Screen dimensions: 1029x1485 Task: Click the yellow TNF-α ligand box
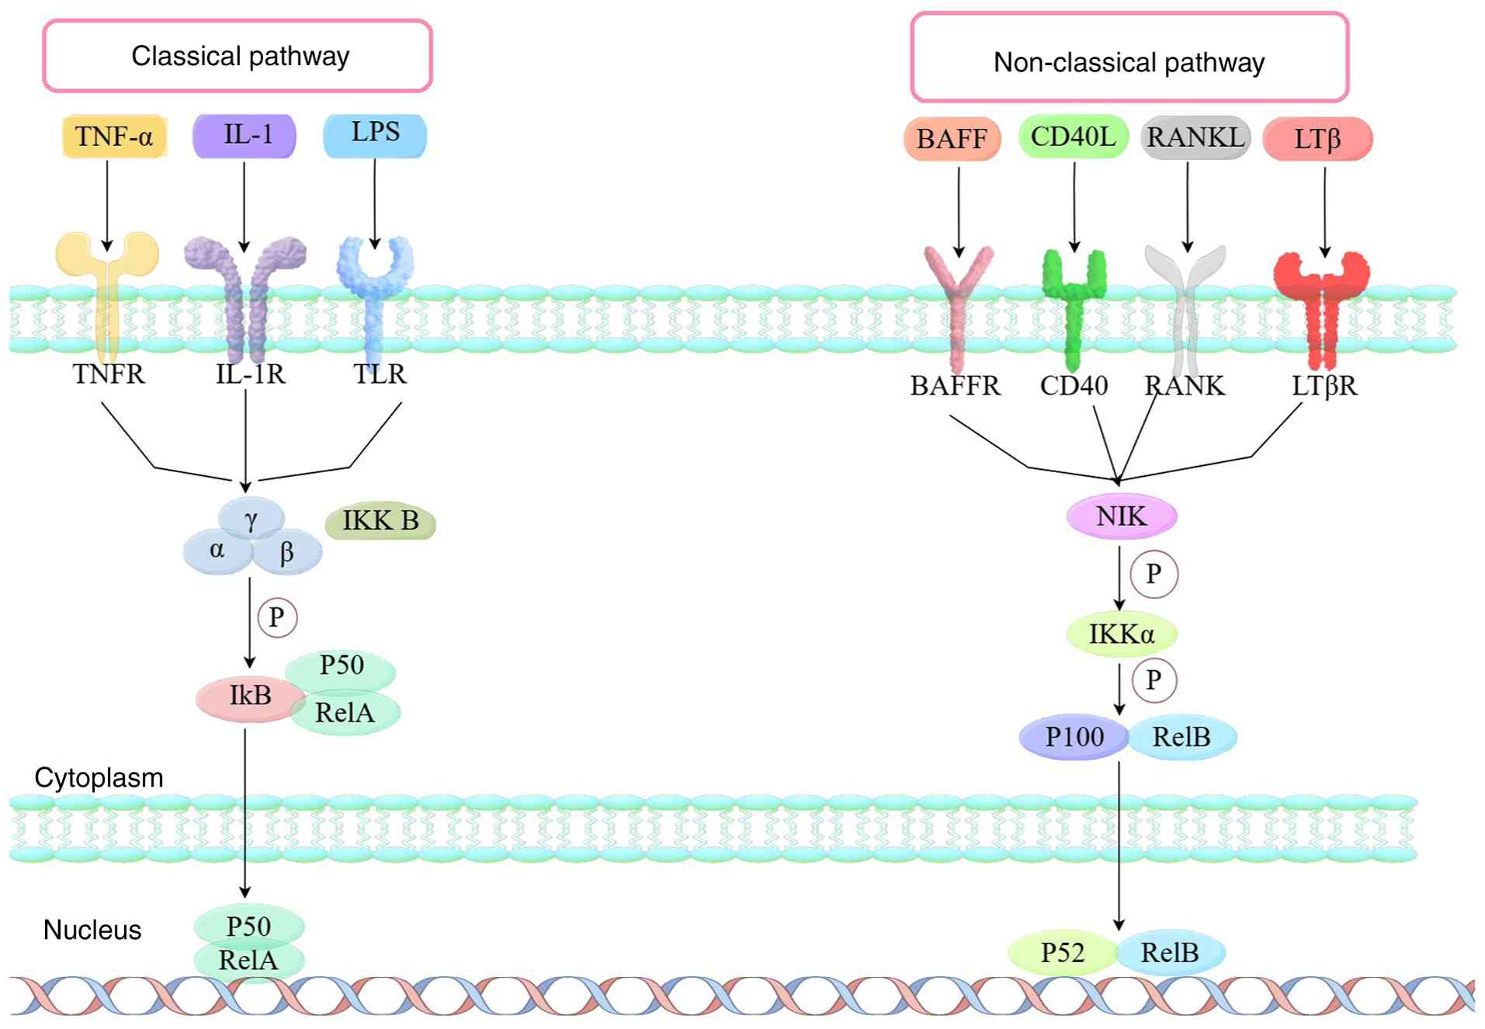[x=114, y=137]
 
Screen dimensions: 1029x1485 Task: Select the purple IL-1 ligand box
[x=245, y=135]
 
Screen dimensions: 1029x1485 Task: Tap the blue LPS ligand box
[x=375, y=134]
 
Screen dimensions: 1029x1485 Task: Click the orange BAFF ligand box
[x=952, y=139]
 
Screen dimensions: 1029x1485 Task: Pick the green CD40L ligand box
[x=1073, y=137]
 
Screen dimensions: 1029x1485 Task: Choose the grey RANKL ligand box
[x=1195, y=137]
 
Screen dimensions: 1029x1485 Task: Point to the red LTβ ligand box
[x=1317, y=139]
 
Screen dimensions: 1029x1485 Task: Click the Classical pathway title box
[x=238, y=56]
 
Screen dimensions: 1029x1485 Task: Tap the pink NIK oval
[x=1121, y=516]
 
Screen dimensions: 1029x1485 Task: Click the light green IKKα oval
[x=1121, y=634]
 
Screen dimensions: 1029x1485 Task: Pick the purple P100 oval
[x=1074, y=737]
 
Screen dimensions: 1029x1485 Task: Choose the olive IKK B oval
[x=380, y=521]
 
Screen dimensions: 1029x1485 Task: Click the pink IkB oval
[x=249, y=697]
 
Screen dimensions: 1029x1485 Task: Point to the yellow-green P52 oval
[x=1062, y=953]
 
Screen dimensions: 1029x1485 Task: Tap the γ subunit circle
[x=251, y=518]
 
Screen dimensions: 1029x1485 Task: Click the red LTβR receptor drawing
[x=1322, y=307]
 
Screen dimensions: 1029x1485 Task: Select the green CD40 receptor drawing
[x=1074, y=307]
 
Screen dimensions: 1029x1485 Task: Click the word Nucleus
[x=92, y=930]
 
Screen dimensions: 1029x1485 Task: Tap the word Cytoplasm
[x=99, y=778]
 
